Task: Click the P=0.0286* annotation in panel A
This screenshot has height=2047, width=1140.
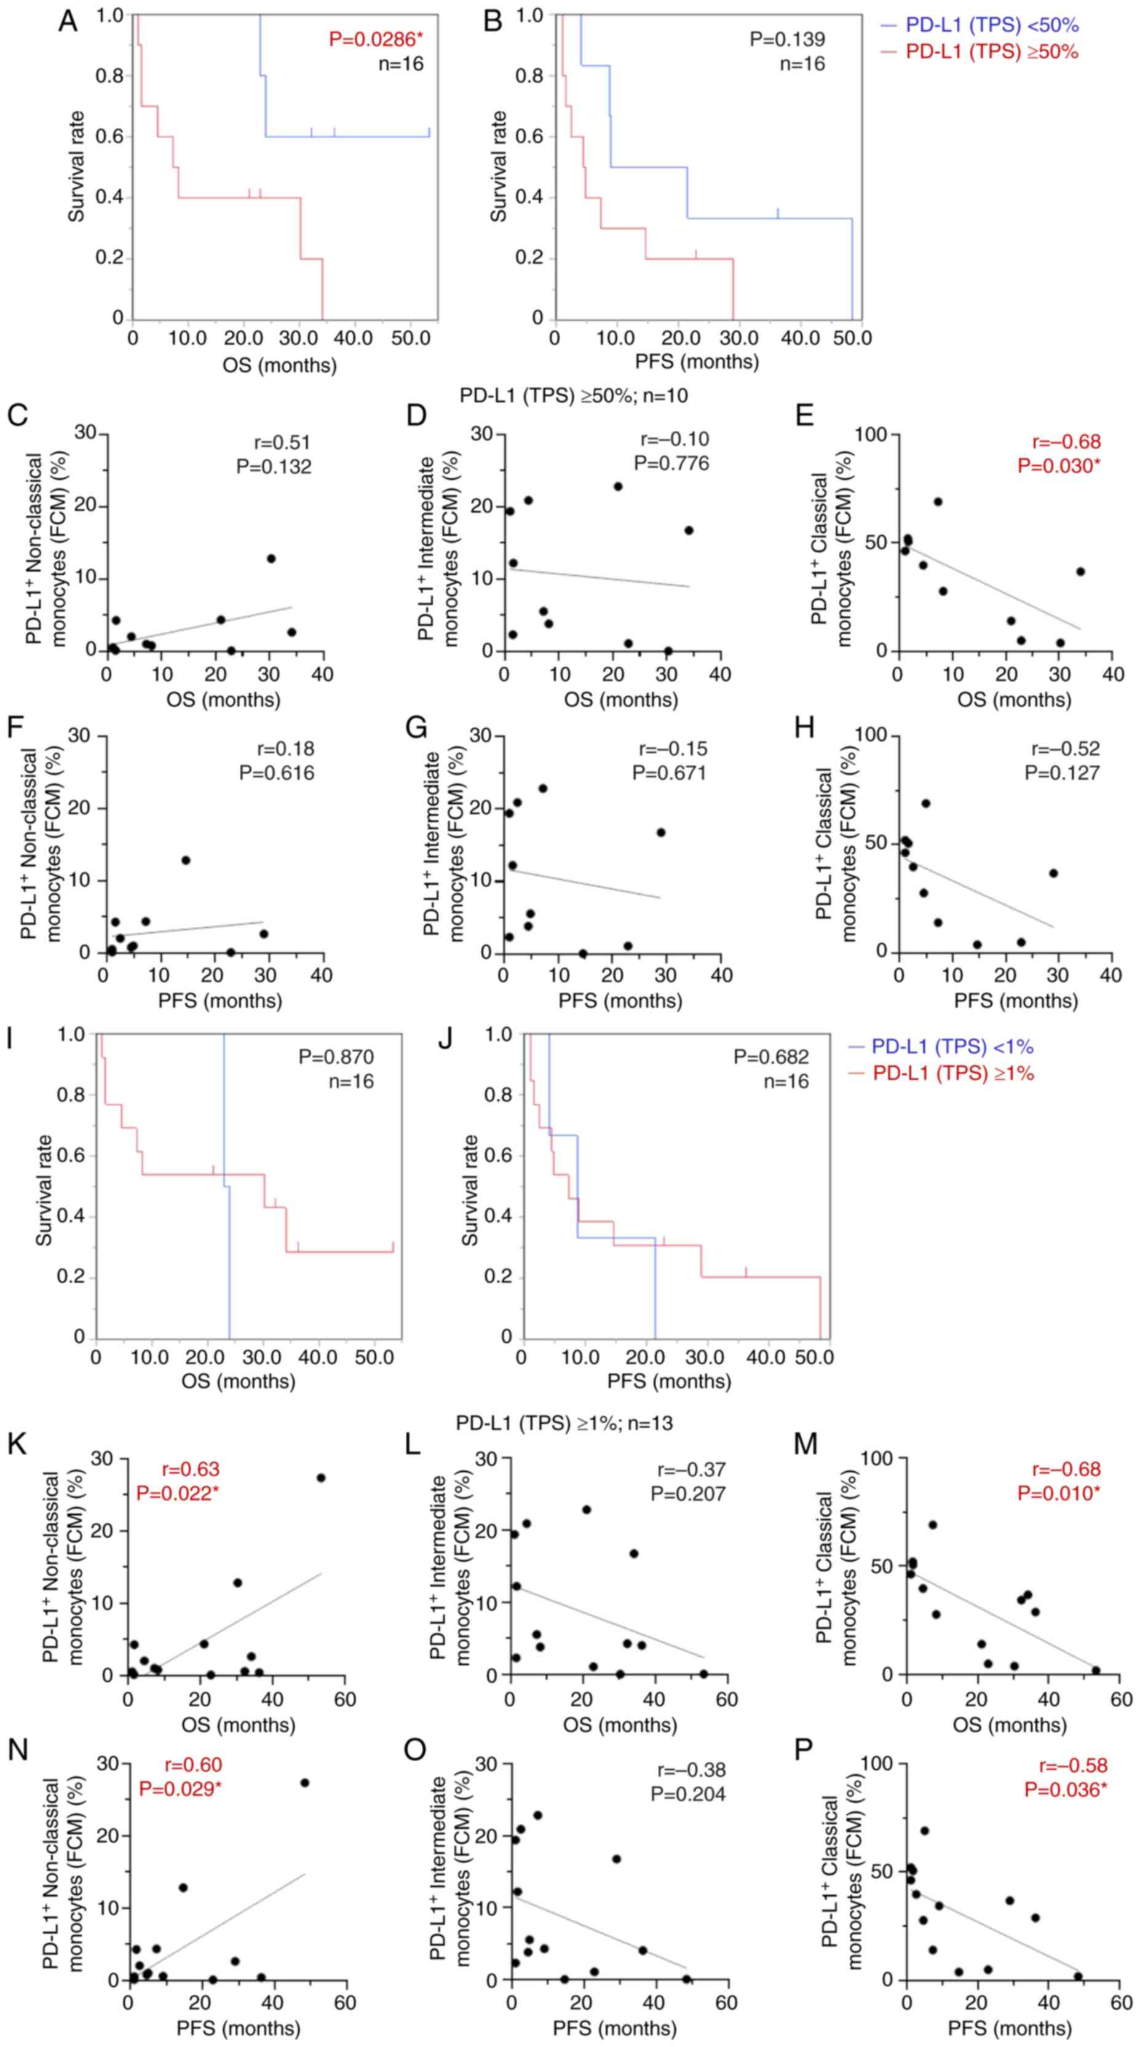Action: (377, 38)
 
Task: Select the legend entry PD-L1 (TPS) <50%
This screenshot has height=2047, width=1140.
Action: (980, 25)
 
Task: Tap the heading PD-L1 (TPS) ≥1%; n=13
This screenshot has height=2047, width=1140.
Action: (564, 1423)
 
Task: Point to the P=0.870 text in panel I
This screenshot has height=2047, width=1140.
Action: (336, 1057)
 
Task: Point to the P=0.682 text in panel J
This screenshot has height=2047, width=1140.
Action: (771, 1057)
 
